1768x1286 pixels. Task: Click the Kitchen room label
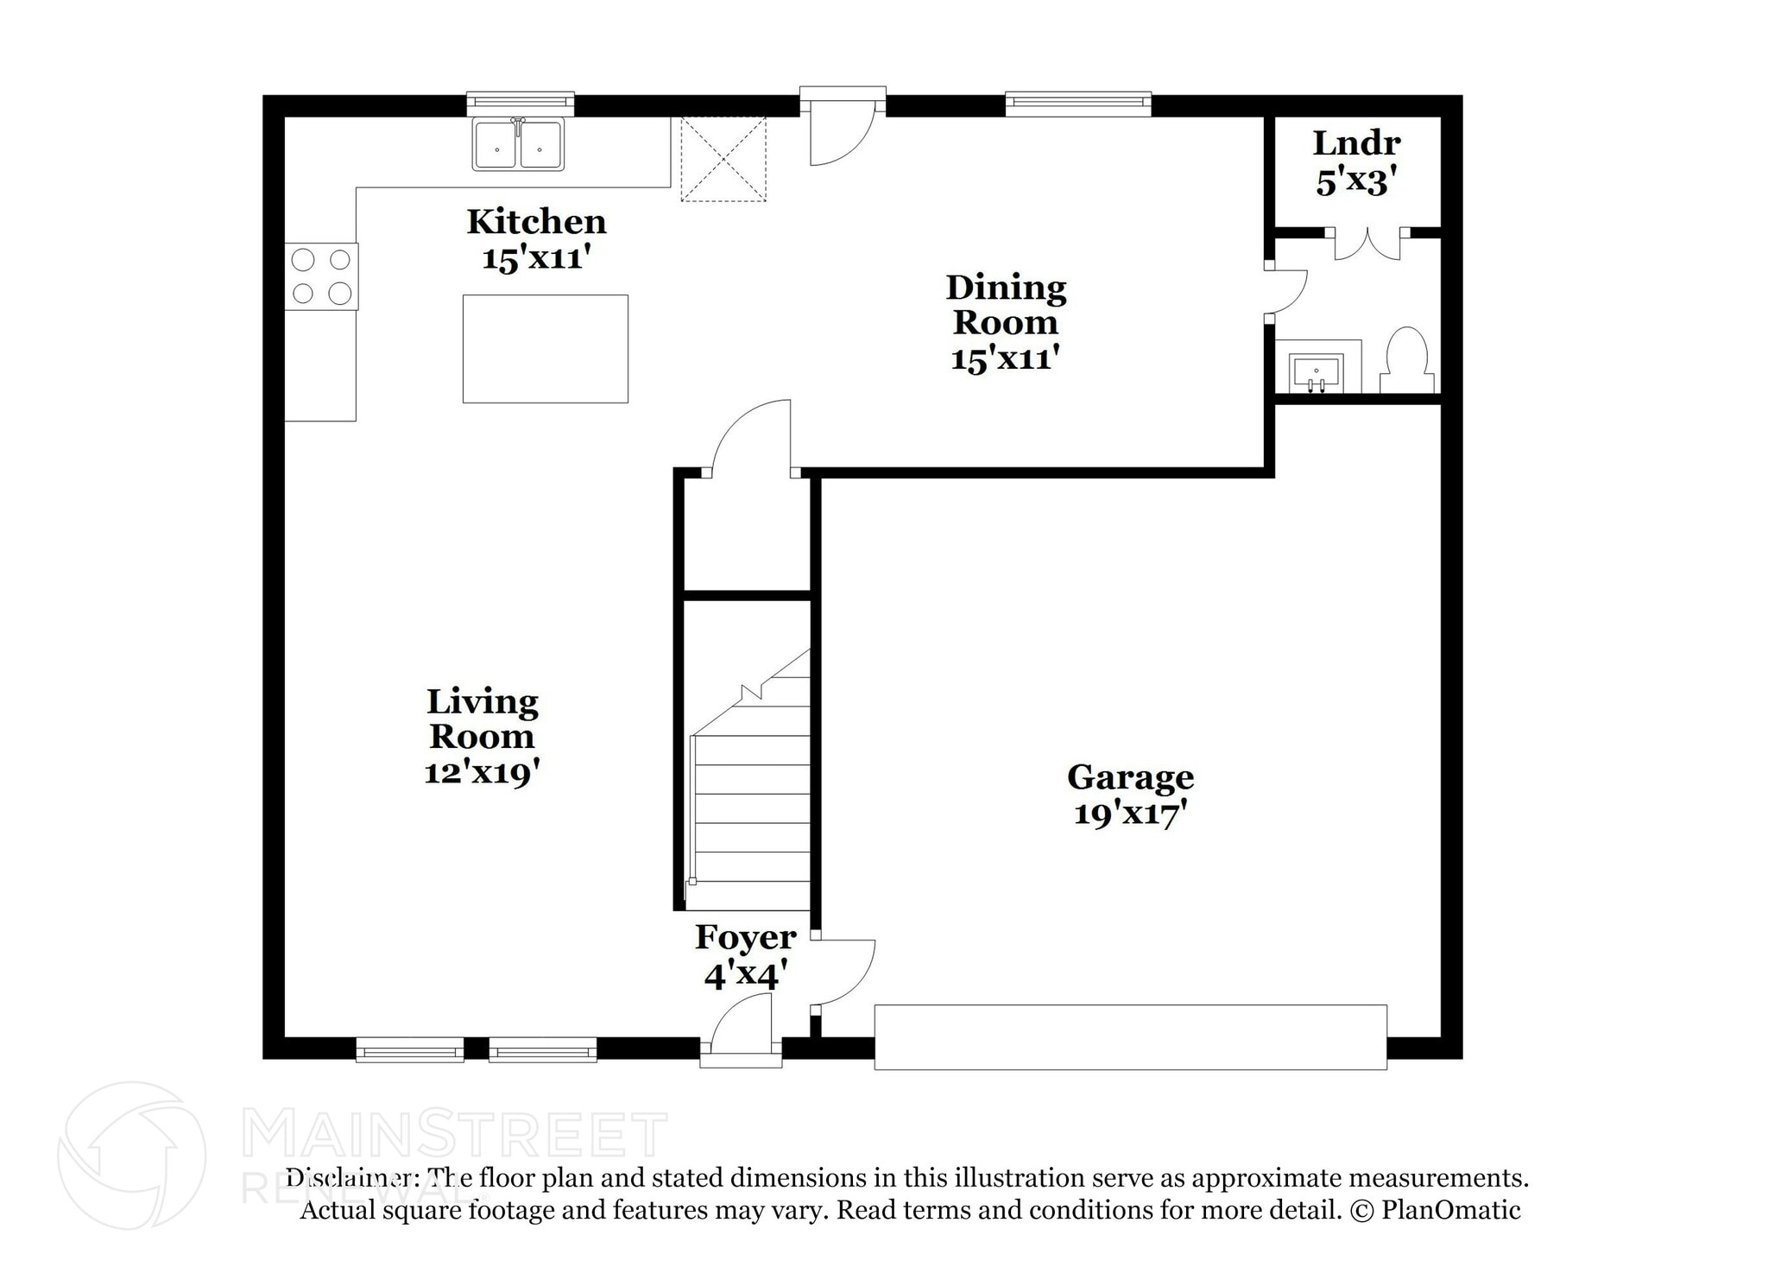coord(536,222)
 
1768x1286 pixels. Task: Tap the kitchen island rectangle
coord(545,349)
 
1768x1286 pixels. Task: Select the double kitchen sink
coord(518,145)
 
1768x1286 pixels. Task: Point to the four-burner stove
coord(321,276)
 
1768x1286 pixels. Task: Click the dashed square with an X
coord(723,160)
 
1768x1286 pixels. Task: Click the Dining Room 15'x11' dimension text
coord(1005,358)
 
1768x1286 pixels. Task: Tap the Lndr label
coord(1356,143)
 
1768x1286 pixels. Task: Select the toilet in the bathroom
coord(1406,361)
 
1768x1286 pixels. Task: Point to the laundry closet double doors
coord(1367,244)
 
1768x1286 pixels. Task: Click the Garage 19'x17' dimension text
coord(1130,814)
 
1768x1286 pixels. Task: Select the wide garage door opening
coord(1130,1036)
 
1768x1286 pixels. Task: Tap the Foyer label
coord(745,937)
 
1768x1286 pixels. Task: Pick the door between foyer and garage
coord(844,972)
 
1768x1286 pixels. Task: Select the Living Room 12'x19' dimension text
coord(482,772)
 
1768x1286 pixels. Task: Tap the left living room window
coord(409,1050)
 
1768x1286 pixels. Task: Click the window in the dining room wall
coord(1077,105)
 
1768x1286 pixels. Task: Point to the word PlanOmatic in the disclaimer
coord(1450,1210)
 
